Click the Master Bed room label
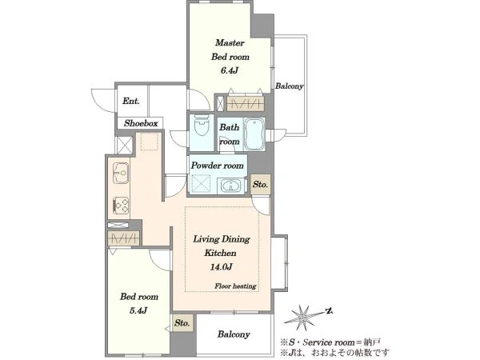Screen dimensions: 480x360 click(230, 50)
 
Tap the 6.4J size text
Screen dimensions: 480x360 click(230, 70)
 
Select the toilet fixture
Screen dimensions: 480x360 click(202, 126)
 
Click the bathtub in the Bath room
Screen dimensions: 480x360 click(254, 134)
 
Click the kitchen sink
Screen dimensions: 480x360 click(120, 173)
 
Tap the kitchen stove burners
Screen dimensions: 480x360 click(121, 206)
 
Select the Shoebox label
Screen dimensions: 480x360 click(141, 123)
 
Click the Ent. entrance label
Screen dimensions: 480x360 click(131, 101)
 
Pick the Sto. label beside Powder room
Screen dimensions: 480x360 click(260, 184)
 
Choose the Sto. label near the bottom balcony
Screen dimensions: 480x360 click(182, 323)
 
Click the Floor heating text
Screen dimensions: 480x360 click(235, 286)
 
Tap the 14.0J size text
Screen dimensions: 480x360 click(221, 267)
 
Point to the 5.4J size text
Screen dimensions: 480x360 click(138, 310)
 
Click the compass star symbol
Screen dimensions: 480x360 click(303, 318)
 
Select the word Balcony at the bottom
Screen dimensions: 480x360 click(234, 334)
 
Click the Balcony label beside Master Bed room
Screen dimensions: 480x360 click(289, 86)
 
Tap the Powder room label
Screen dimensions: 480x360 click(218, 166)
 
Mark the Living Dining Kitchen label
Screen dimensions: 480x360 click(221, 246)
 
